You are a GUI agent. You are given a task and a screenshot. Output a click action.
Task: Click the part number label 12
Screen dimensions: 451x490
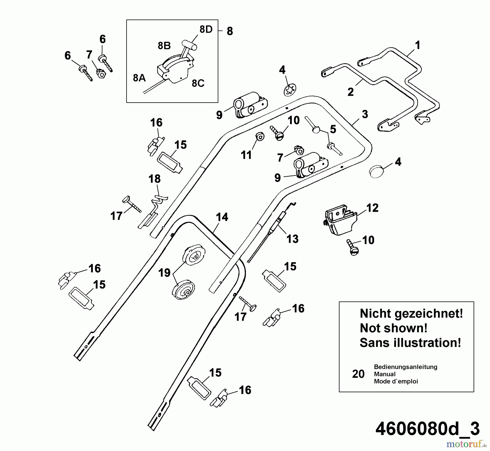pyautogui.click(x=372, y=208)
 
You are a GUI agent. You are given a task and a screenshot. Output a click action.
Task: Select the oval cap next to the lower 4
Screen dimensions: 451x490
pyautogui.click(x=376, y=172)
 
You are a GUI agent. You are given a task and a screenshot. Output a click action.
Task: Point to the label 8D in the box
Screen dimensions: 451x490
pyautogui.click(x=206, y=29)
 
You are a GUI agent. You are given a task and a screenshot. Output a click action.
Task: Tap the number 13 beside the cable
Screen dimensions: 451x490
pyautogui.click(x=292, y=239)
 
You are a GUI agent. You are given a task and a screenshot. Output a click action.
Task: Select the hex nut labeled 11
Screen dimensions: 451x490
pyautogui.click(x=260, y=136)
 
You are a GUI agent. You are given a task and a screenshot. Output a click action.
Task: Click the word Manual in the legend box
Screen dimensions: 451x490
pyautogui.click(x=385, y=374)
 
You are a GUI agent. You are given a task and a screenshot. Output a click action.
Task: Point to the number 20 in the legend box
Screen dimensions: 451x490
pyautogui.click(x=358, y=374)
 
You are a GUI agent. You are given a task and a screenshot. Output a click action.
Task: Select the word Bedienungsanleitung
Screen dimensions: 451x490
pyautogui.click(x=405, y=367)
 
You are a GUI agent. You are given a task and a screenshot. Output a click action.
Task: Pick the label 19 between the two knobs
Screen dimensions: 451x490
pyautogui.click(x=164, y=273)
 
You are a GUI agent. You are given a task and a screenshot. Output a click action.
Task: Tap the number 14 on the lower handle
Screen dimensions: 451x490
pyautogui.click(x=222, y=217)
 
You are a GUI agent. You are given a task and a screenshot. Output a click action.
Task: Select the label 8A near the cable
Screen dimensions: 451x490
pyautogui.click(x=139, y=78)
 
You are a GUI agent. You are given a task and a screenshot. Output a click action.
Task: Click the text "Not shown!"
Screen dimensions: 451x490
pyautogui.click(x=393, y=328)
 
